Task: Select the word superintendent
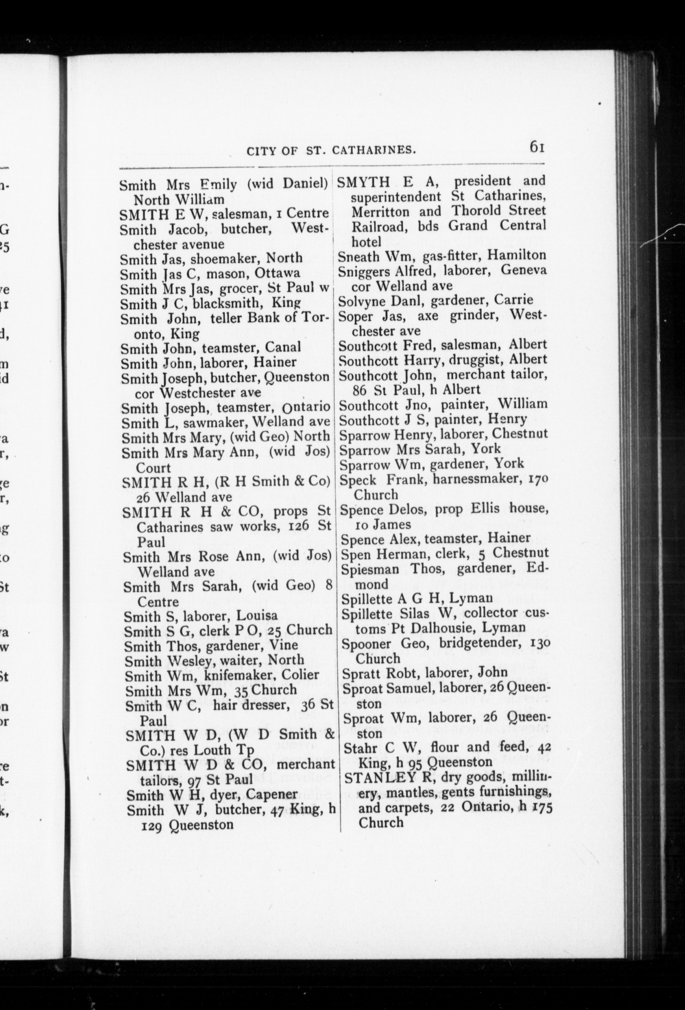(x=396, y=196)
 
